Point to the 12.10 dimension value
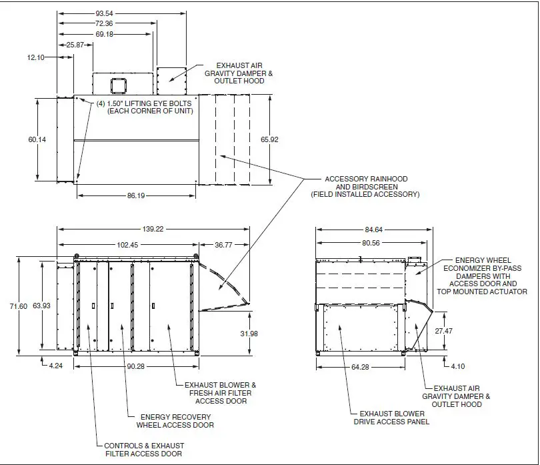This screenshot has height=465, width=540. pos(35,58)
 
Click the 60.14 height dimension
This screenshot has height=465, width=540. pos(37,139)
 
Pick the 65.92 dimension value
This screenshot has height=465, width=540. pos(269,139)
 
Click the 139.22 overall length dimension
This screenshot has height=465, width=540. pos(153,229)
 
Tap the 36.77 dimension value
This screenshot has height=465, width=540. pos(223,245)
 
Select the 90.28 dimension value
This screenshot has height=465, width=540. pos(136,366)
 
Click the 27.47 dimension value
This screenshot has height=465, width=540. pos(443,331)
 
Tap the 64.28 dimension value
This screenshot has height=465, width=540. pos(361,366)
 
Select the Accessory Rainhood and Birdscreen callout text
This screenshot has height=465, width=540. pos(365,187)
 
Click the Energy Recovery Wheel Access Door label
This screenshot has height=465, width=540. pos(175,420)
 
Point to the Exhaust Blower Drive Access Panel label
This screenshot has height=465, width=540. pos(392,418)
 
